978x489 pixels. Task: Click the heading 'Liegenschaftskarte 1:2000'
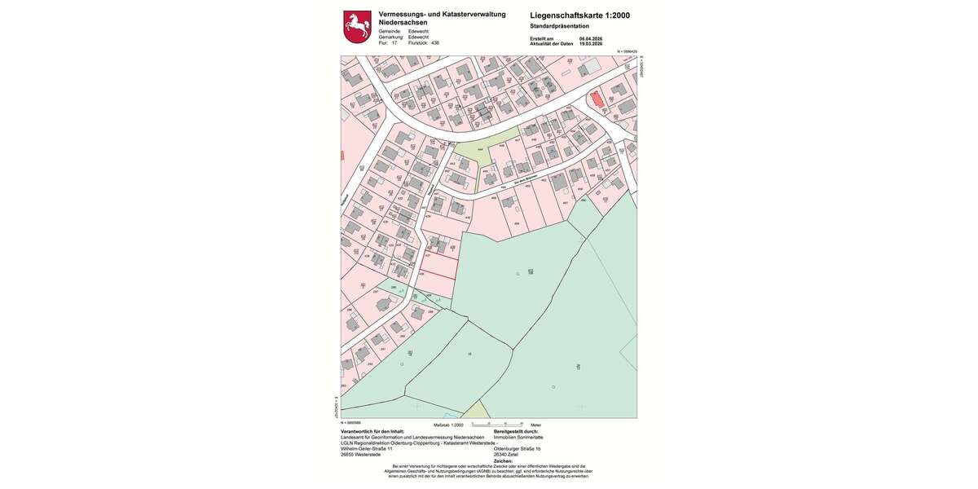pyautogui.click(x=579, y=15)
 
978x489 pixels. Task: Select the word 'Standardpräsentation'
pyautogui.click(x=559, y=26)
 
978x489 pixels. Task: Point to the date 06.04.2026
pyautogui.click(x=590, y=38)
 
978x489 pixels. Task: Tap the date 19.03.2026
pyautogui.click(x=590, y=44)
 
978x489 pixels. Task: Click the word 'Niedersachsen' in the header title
pyautogui.click(x=403, y=22)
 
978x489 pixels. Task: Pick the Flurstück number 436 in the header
pyautogui.click(x=435, y=43)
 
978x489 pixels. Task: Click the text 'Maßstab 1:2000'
pyautogui.click(x=448, y=425)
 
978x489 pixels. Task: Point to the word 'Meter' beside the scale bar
pyautogui.click(x=535, y=425)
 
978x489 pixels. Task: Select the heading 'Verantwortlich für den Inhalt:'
pyautogui.click(x=372, y=432)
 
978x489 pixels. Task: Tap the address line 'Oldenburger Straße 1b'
pyautogui.click(x=523, y=449)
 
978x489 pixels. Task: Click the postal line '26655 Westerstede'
pyautogui.click(x=360, y=455)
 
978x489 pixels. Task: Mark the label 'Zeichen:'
pyautogui.click(x=504, y=460)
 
